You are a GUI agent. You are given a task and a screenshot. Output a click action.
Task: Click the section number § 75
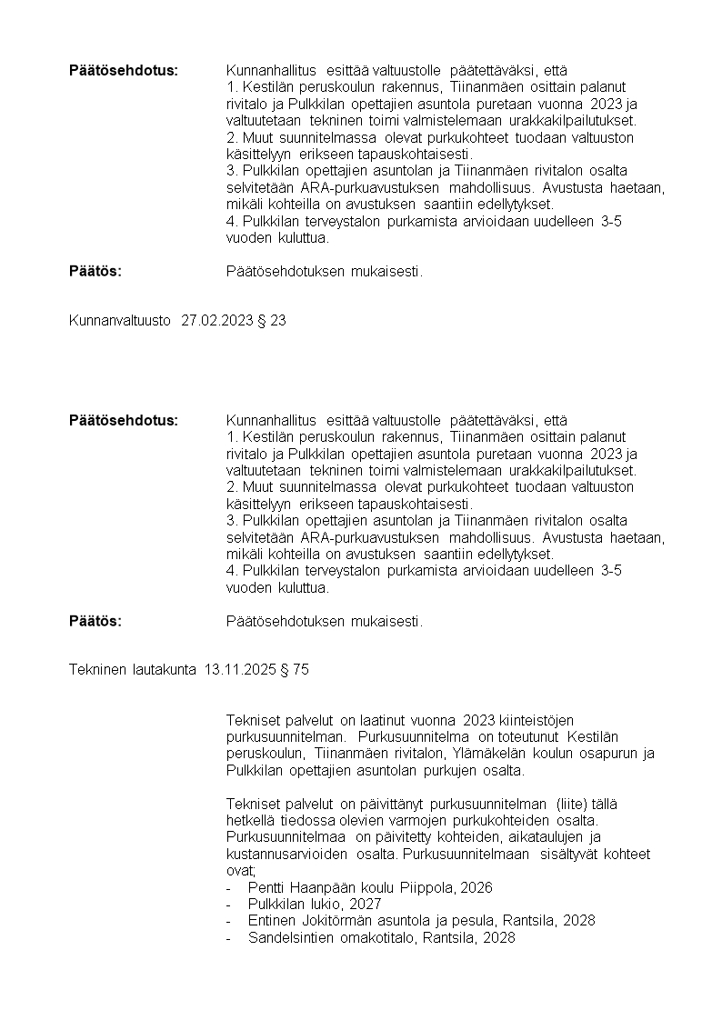tap(295, 669)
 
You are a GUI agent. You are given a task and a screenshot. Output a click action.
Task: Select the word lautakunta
tap(162, 669)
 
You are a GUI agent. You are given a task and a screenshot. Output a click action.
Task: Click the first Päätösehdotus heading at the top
tap(124, 70)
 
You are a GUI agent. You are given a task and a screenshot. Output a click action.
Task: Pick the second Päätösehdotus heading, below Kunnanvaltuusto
tap(124, 420)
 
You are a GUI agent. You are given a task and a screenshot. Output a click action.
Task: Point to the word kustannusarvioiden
tap(288, 854)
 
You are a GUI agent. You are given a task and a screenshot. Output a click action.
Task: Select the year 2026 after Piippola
tap(476, 887)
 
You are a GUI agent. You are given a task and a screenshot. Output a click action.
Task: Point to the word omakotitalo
tap(377, 937)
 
